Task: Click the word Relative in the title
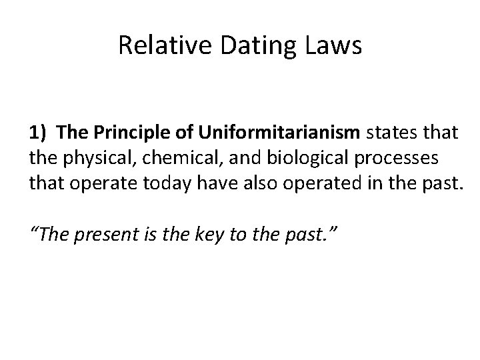[151, 45]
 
